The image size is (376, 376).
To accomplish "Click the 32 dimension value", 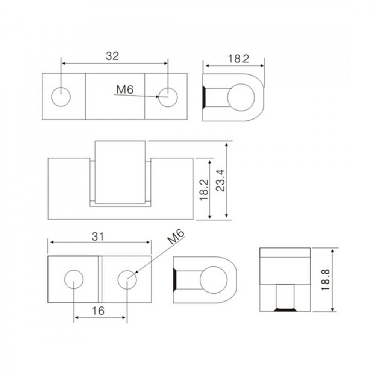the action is click(112, 56).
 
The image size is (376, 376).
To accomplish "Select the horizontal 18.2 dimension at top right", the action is click(238, 59).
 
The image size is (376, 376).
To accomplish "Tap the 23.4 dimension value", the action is click(221, 180).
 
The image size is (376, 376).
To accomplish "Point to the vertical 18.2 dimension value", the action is click(204, 190).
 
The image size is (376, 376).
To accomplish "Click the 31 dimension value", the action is click(98, 237).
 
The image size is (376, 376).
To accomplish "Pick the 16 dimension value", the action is click(98, 311).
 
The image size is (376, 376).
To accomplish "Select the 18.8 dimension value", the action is click(326, 280).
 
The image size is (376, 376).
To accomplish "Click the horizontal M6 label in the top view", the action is click(125, 90).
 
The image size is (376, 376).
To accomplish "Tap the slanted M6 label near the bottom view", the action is click(176, 237).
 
